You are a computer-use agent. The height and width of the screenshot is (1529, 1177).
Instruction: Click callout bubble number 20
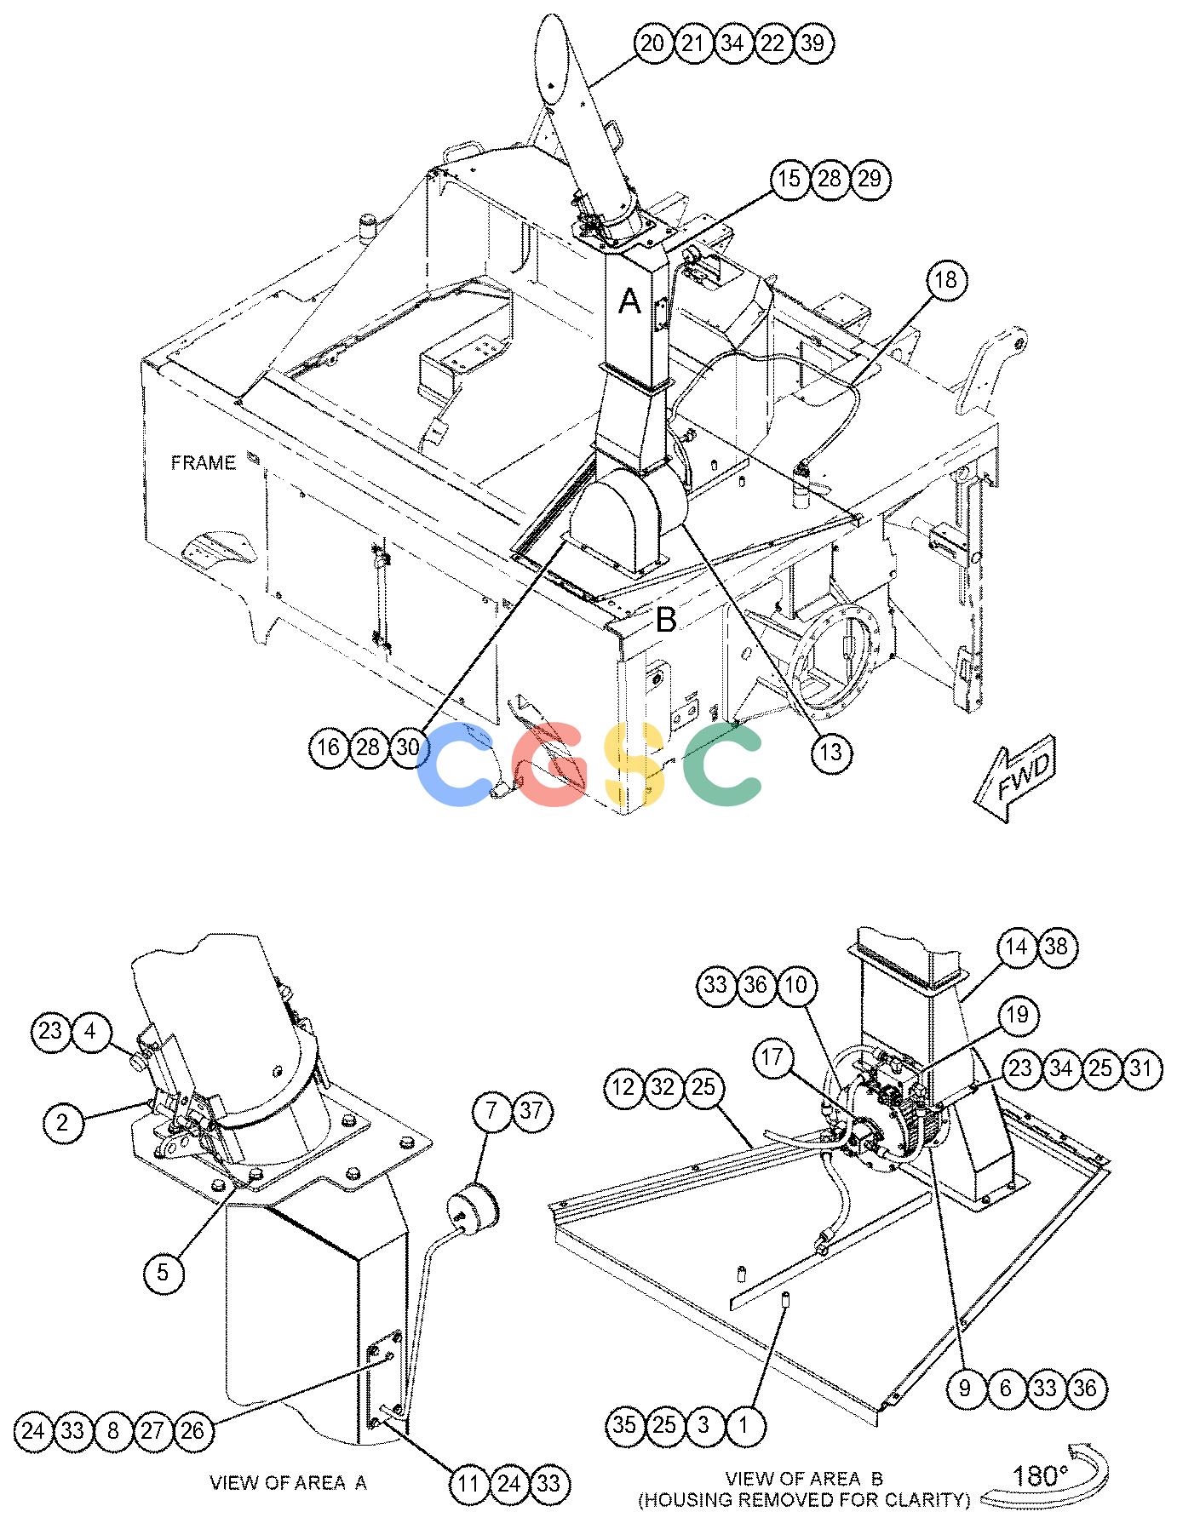pyautogui.click(x=652, y=43)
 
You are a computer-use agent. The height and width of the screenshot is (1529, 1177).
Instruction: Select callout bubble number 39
pyautogui.click(x=813, y=43)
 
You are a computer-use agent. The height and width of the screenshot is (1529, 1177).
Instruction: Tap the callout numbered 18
pyautogui.click(x=947, y=280)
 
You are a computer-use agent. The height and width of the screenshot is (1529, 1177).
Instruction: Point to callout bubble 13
pyautogui.click(x=831, y=752)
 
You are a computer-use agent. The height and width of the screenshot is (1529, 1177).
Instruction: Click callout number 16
pyautogui.click(x=329, y=747)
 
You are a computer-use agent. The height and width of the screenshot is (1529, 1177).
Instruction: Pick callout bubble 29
pyautogui.click(x=870, y=179)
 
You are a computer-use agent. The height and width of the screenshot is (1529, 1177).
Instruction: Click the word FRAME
pyautogui.click(x=204, y=463)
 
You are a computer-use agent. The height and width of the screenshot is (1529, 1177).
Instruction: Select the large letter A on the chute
pyautogui.click(x=629, y=301)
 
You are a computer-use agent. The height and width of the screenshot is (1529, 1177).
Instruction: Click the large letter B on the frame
pyautogui.click(x=666, y=620)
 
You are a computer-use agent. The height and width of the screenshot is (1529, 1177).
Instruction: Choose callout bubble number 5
pyautogui.click(x=164, y=1273)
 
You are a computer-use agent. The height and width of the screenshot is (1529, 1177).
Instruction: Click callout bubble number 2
pyautogui.click(x=62, y=1122)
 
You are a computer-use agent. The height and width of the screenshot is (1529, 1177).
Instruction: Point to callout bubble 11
pyautogui.click(x=469, y=1484)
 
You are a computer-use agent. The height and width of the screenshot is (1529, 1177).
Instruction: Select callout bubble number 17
pyautogui.click(x=773, y=1058)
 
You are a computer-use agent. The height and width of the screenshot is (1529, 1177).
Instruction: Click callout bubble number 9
pyautogui.click(x=965, y=1389)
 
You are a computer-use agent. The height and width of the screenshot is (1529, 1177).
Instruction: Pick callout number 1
pyautogui.click(x=744, y=1424)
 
